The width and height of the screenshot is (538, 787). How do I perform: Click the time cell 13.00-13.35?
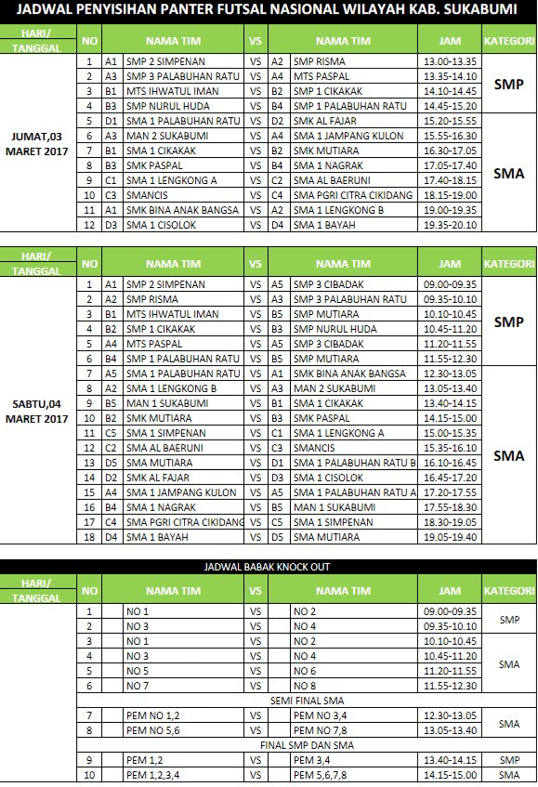point(450,61)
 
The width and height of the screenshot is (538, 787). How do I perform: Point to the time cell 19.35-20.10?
point(450,225)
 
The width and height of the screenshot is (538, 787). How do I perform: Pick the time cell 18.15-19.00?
point(450,195)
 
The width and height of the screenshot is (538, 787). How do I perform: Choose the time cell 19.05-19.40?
point(450,537)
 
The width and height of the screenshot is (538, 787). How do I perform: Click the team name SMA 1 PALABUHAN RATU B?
point(354,463)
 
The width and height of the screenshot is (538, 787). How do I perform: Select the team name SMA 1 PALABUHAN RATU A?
point(354,492)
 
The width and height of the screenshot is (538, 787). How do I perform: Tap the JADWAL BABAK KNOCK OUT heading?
point(267,567)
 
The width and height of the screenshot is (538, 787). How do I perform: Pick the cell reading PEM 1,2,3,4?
point(153,775)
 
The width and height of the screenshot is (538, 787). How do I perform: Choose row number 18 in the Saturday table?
point(90,537)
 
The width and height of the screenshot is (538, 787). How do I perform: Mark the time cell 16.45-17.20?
point(450,478)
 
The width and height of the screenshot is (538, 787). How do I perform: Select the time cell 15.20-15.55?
point(450,121)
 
